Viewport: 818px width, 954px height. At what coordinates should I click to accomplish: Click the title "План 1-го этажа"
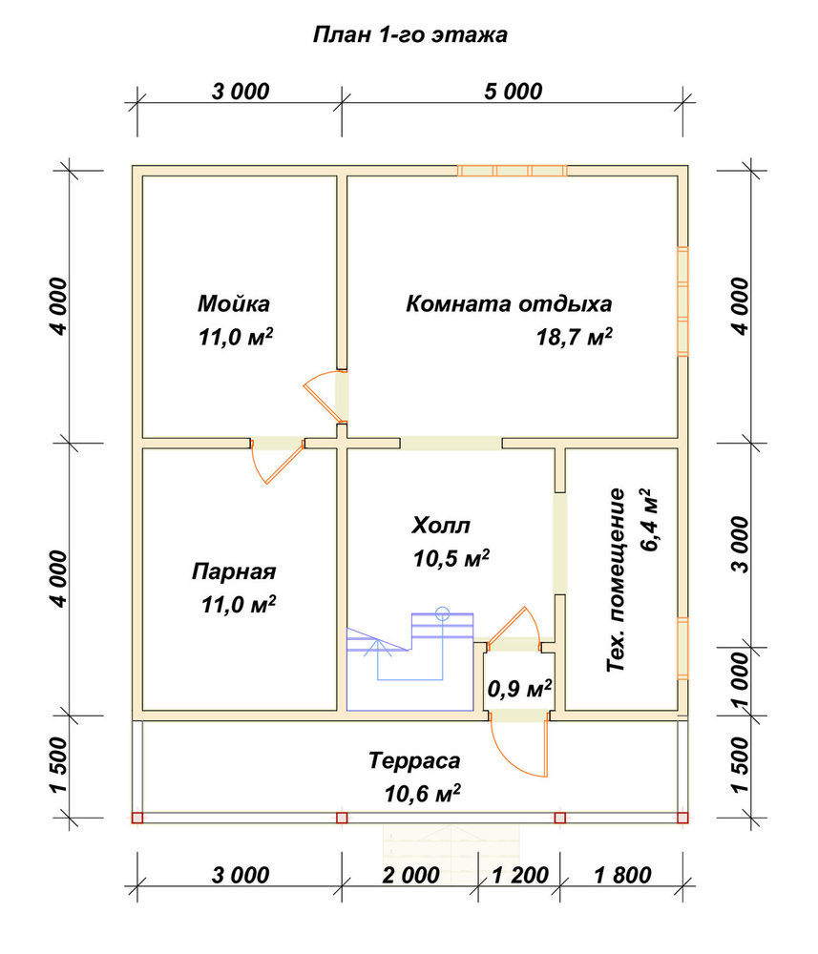coord(409,34)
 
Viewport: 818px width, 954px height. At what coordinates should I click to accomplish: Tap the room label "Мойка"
coord(234,303)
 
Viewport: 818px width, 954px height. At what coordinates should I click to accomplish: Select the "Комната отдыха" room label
coord(509,303)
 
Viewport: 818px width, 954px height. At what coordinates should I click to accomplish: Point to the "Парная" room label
coord(234,571)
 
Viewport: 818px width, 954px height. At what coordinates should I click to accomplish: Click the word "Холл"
coord(441,525)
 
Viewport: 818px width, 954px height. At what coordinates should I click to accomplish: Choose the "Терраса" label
coord(414,760)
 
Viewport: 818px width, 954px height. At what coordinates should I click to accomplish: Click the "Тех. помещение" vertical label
coord(616,579)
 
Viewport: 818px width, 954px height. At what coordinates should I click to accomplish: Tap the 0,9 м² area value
coord(519,688)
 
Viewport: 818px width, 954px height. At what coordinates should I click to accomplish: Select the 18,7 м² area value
coord(574,336)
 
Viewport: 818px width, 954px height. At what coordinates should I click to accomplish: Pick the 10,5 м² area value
coord(451,557)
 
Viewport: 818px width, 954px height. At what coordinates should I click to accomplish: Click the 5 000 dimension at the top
coord(514,92)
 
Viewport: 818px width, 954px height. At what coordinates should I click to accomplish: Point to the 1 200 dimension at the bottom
coord(520,875)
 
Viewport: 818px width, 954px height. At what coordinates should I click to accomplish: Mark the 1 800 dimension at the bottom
coord(622,875)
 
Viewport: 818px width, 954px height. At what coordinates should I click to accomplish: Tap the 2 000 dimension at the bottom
coord(410,875)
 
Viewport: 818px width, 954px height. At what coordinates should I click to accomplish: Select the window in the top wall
coord(512,171)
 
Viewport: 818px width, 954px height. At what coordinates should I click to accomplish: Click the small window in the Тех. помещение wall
coord(682,648)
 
